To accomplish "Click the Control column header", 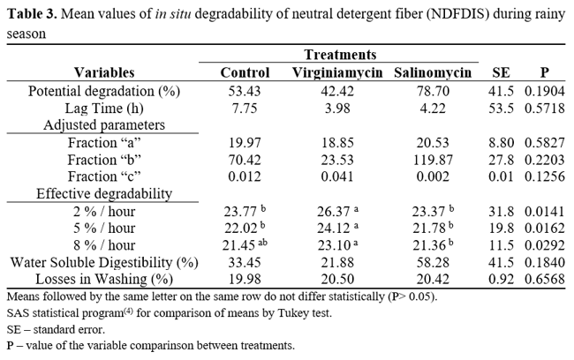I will (x=245, y=72).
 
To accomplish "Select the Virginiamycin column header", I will (x=337, y=72).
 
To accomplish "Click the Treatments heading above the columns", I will (x=340, y=55).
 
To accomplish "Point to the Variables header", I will (x=104, y=72).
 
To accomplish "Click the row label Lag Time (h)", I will (x=104, y=108).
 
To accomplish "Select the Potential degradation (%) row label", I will (x=104, y=91).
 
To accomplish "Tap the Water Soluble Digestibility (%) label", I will (x=104, y=262).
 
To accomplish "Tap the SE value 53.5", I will (x=500, y=108).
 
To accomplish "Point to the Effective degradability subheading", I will (x=104, y=193).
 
